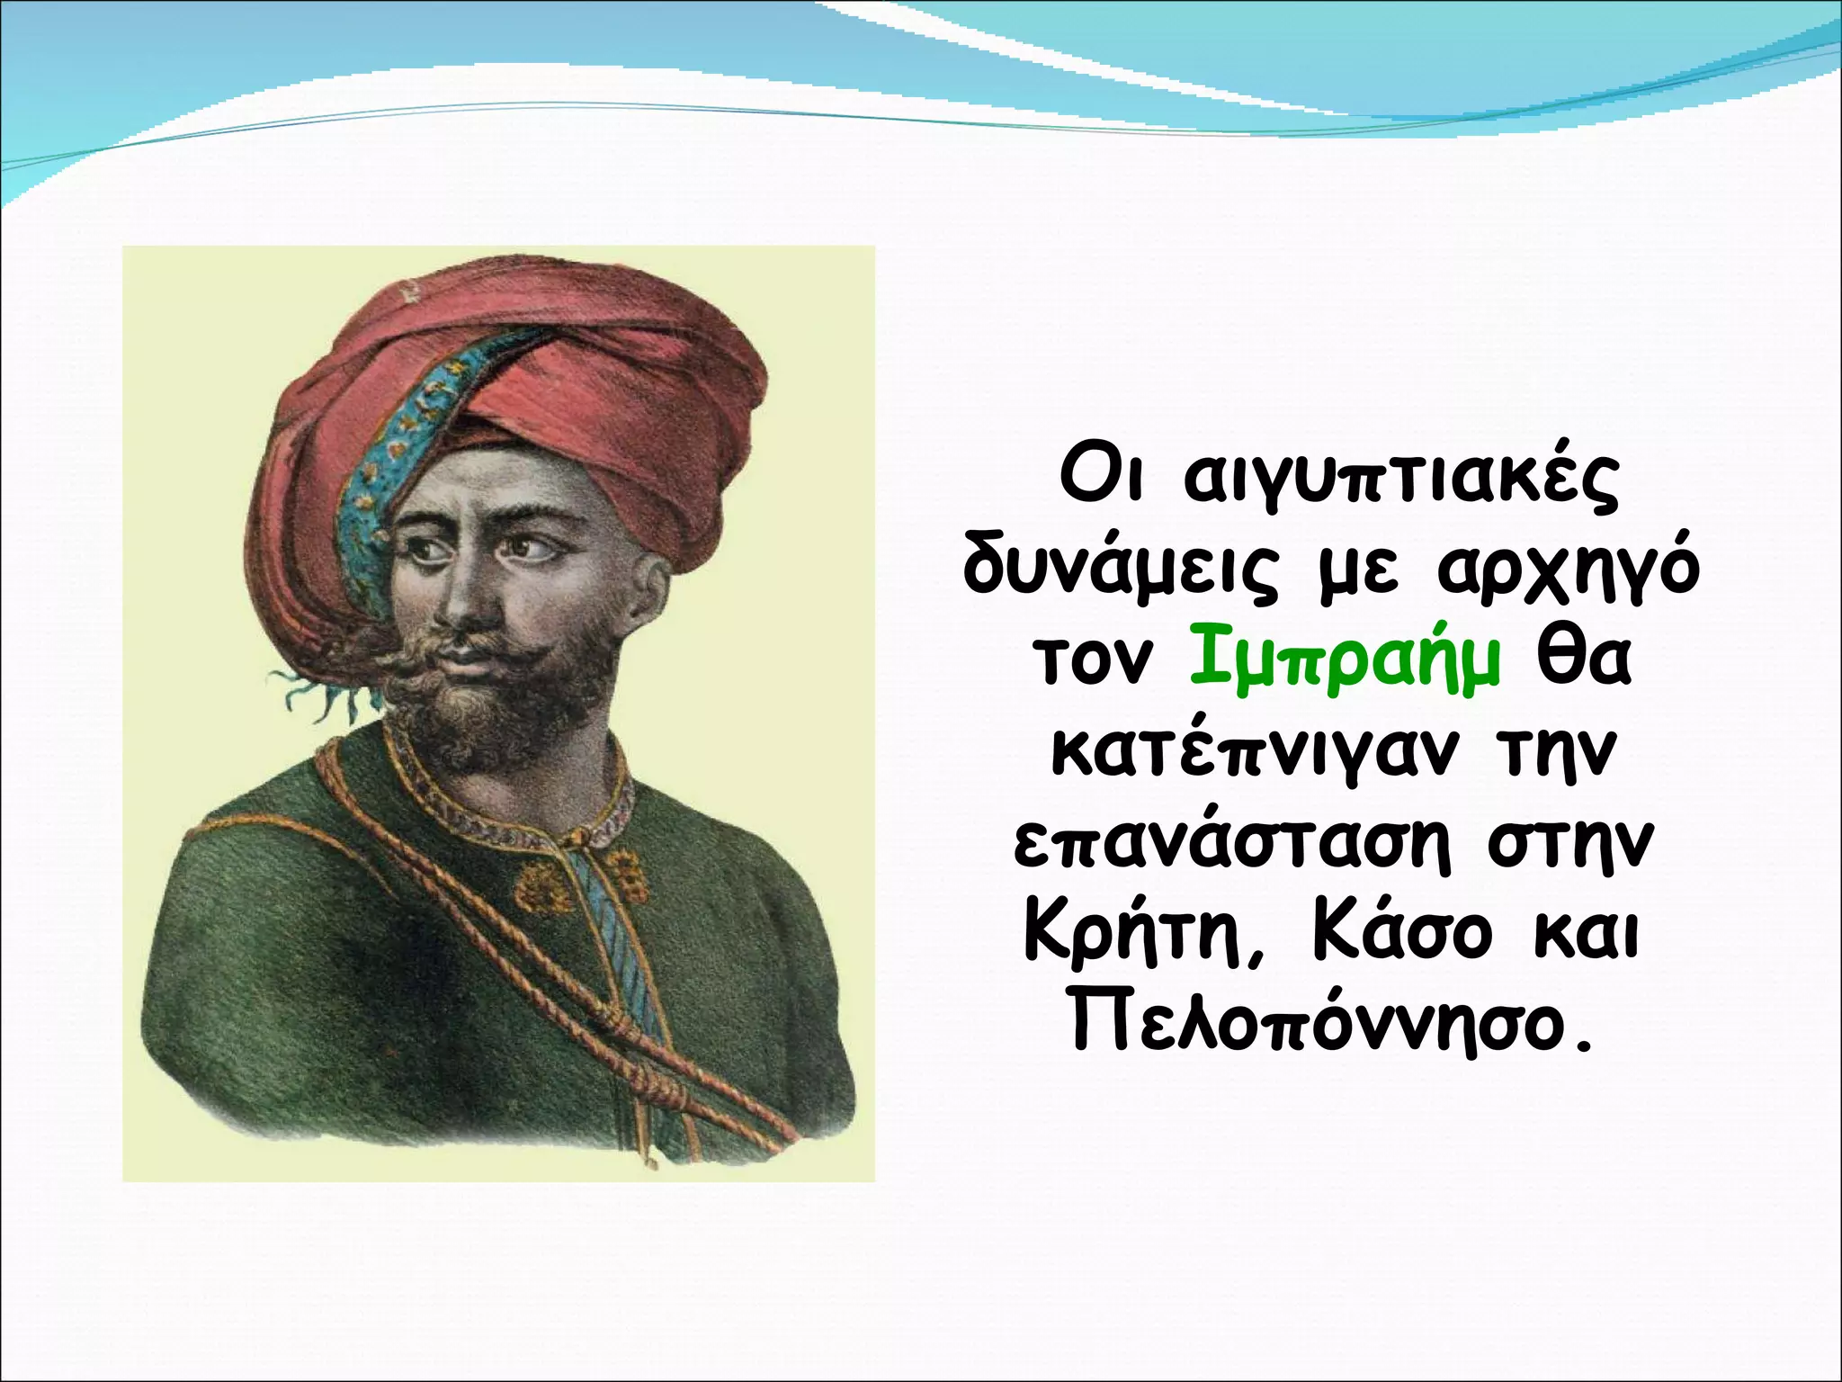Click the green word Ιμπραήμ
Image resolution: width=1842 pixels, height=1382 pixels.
pyautogui.click(x=1345, y=661)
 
